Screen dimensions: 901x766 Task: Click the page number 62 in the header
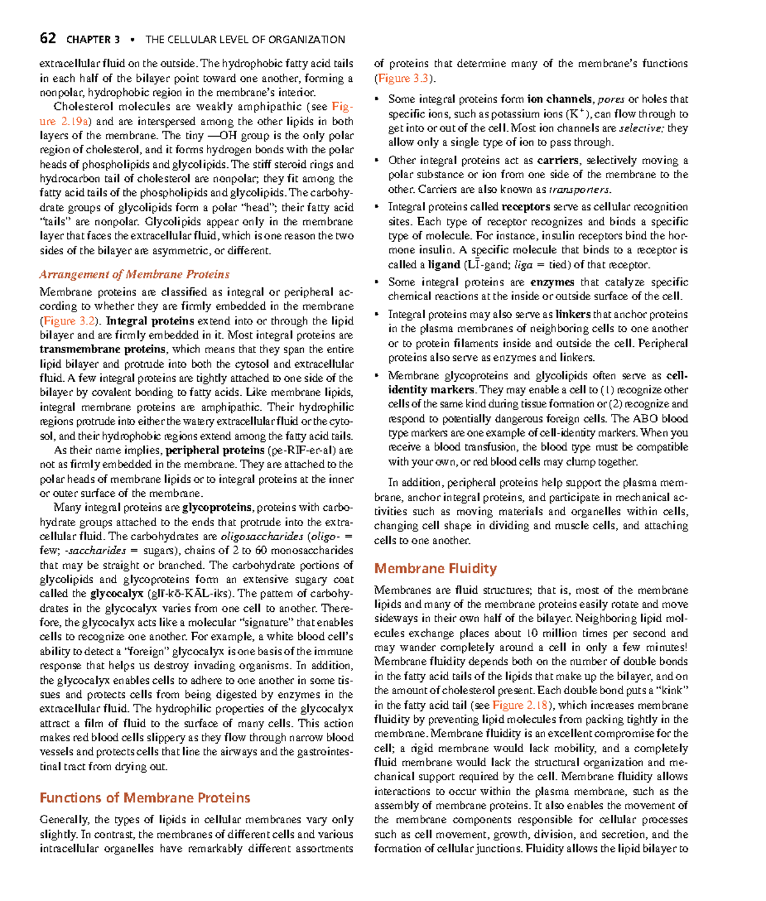coord(47,38)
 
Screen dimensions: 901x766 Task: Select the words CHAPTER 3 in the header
coord(93,40)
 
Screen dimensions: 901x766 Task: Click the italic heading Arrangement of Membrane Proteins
coord(134,275)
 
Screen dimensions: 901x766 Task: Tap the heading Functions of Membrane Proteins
coord(145,798)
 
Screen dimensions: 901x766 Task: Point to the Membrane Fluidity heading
coord(435,568)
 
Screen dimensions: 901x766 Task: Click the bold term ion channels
coord(560,99)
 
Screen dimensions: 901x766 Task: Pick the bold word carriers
coord(558,160)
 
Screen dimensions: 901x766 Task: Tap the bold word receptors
coord(525,207)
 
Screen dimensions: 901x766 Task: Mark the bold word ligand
coord(444,264)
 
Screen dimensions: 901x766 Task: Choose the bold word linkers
coord(573,314)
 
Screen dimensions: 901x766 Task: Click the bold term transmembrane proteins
coord(103,349)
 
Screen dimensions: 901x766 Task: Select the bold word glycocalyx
coord(116,594)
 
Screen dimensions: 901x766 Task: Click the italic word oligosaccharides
coord(262,536)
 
